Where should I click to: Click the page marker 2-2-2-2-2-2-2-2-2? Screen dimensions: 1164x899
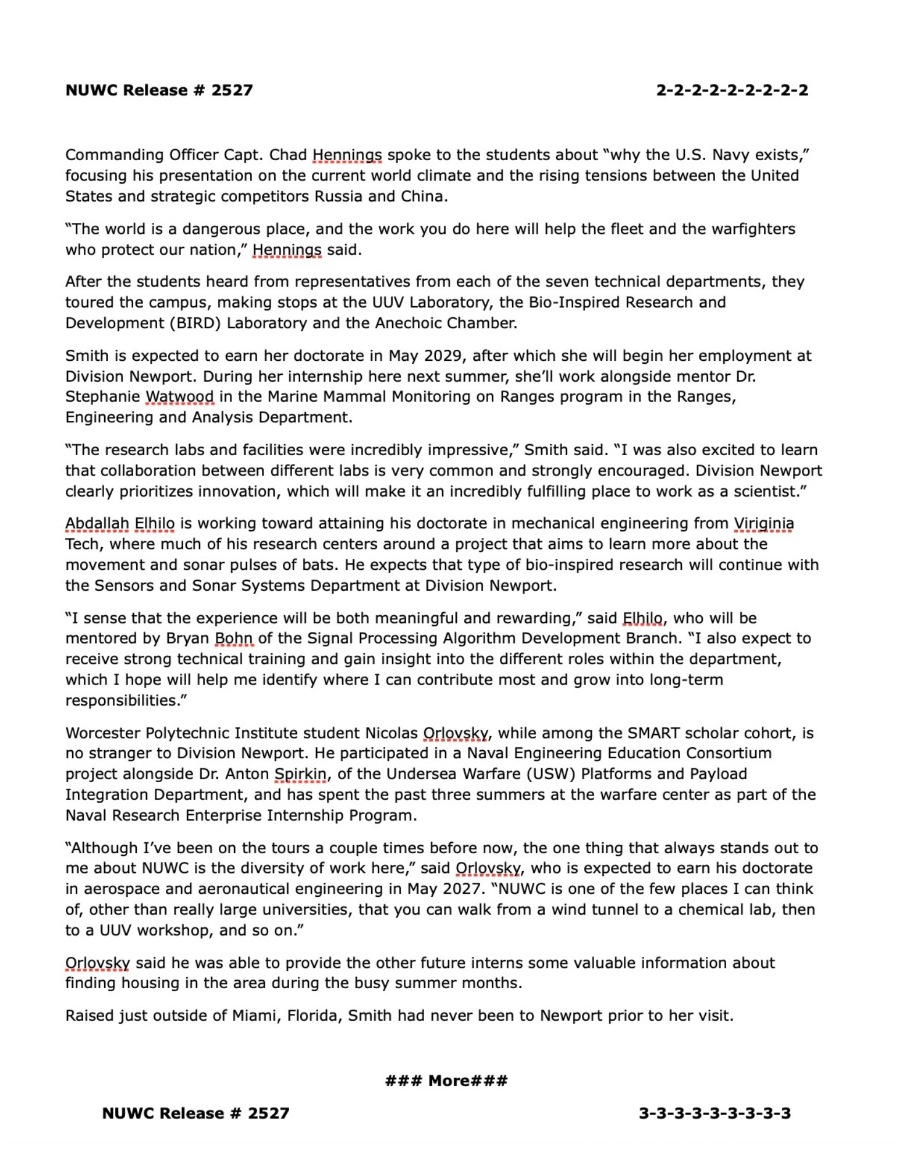tap(731, 90)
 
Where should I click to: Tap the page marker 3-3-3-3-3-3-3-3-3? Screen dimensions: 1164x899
tap(714, 1113)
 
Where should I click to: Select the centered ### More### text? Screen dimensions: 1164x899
tap(446, 1081)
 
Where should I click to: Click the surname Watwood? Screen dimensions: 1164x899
tap(179, 397)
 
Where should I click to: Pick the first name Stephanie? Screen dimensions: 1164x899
tap(102, 397)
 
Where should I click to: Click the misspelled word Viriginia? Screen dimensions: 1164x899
tap(763, 523)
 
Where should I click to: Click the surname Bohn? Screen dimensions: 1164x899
tap(233, 638)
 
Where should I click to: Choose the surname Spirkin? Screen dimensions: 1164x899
tap(300, 774)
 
